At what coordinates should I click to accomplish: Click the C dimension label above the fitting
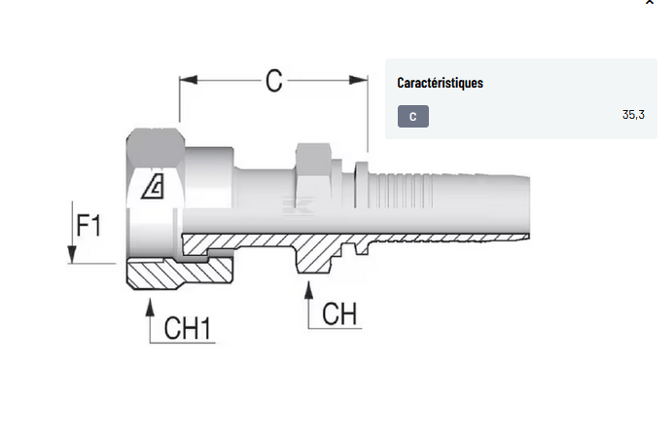[x=274, y=81]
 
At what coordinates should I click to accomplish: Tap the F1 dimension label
[x=89, y=226]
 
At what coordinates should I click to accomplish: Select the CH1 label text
[x=188, y=328]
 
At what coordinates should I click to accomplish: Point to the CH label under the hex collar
[x=339, y=313]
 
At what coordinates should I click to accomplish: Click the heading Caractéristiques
[x=440, y=83]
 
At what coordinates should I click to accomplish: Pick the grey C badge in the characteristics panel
[x=413, y=117]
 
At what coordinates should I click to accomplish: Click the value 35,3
[x=633, y=115]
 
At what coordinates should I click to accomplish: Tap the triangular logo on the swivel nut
[x=153, y=186]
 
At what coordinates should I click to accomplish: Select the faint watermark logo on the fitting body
[x=294, y=203]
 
